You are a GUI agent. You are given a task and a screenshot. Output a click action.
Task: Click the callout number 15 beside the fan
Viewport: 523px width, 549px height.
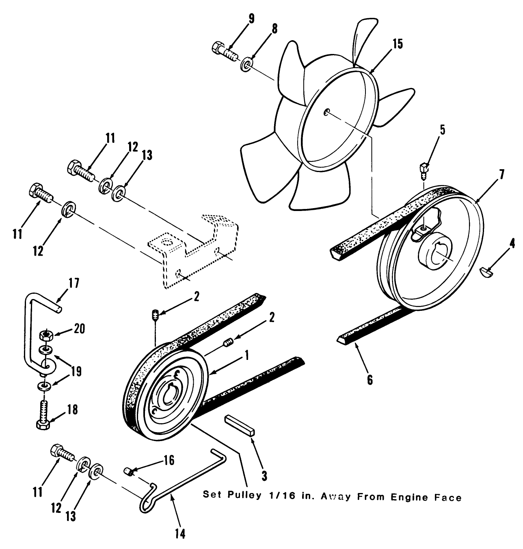pyautogui.click(x=398, y=44)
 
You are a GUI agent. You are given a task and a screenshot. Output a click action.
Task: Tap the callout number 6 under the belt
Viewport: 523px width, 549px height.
pyautogui.click(x=370, y=379)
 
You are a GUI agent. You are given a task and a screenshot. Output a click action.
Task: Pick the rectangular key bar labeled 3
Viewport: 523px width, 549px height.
pyautogui.click(x=240, y=425)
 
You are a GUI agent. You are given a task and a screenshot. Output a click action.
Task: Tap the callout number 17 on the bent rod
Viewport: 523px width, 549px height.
pyautogui.click(x=74, y=283)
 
